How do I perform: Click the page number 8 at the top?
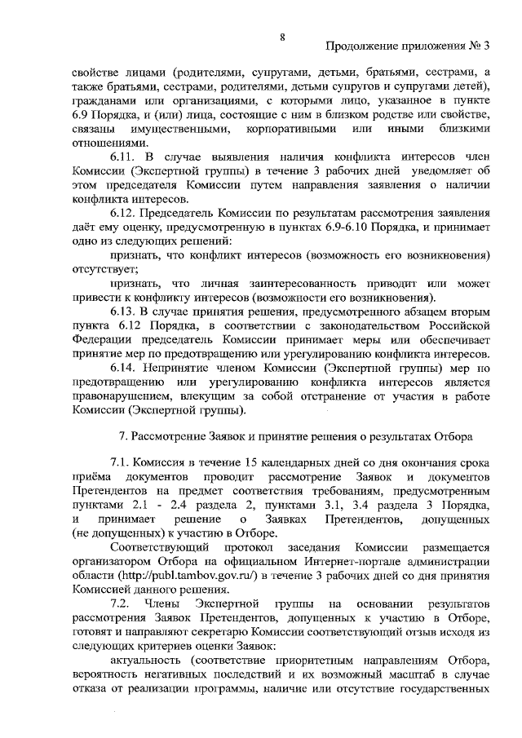(281, 37)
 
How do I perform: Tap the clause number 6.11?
(124, 157)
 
